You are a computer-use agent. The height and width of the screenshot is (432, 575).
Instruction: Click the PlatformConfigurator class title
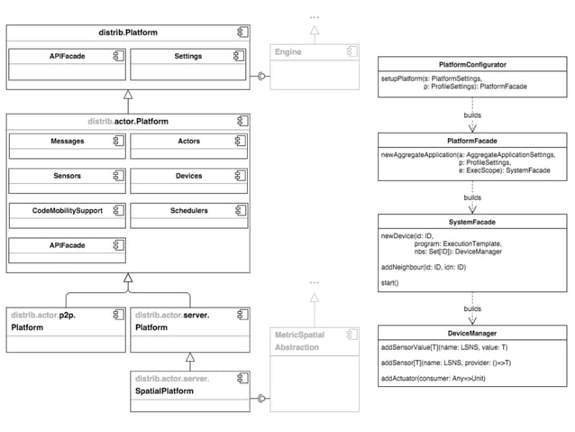coord(472,65)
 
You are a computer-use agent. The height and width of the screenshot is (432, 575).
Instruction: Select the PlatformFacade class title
coord(472,142)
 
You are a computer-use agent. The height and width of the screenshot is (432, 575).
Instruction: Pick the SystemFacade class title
coord(472,221)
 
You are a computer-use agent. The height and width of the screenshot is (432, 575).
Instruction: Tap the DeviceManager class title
coord(472,333)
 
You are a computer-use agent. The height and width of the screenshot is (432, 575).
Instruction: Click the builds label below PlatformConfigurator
coord(472,115)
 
